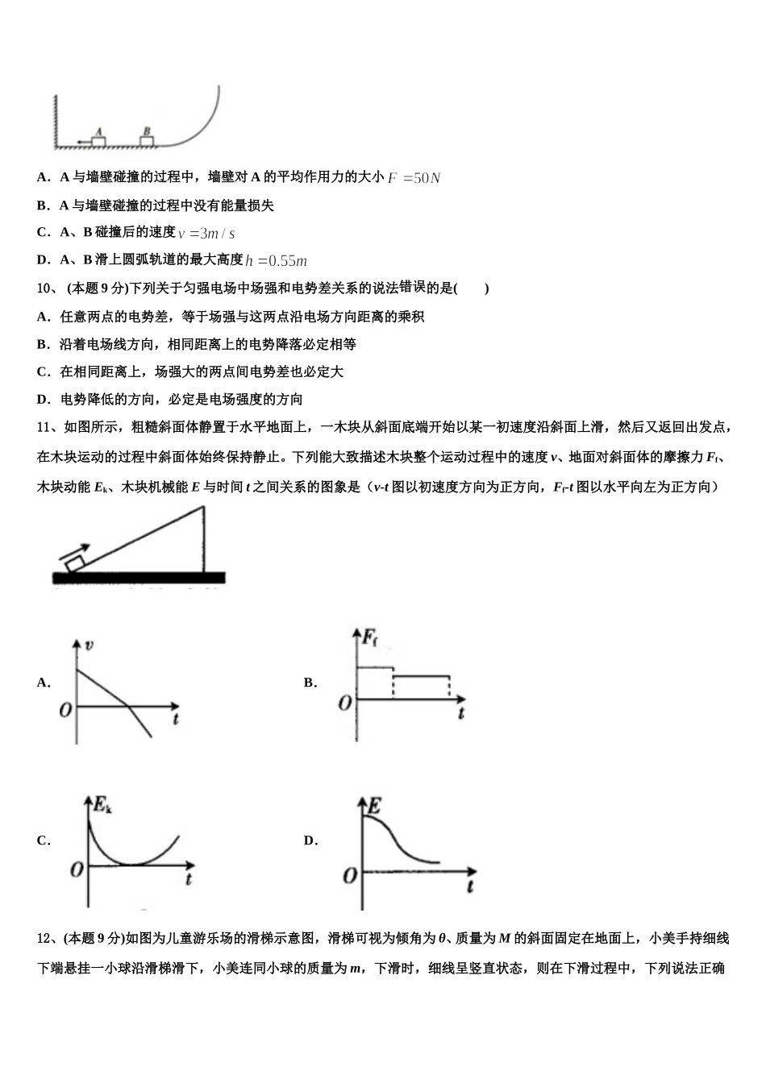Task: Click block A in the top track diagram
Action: click(x=98, y=141)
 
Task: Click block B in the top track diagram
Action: click(x=146, y=141)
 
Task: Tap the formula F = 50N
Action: click(x=414, y=178)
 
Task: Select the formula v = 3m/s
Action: click(x=206, y=234)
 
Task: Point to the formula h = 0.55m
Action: click(x=277, y=260)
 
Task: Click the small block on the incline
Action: click(x=75, y=562)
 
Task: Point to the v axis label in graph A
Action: click(x=88, y=645)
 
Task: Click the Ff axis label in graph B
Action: click(x=369, y=639)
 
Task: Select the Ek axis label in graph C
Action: click(x=102, y=803)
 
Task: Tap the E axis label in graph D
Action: click(x=374, y=804)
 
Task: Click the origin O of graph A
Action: click(x=65, y=710)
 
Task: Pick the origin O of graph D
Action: click(x=350, y=874)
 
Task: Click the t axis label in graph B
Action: click(x=460, y=713)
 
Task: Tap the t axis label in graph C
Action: click(x=188, y=878)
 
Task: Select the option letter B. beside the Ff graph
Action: click(x=310, y=683)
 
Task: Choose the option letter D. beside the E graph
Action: click(x=310, y=840)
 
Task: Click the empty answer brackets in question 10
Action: click(x=471, y=288)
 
